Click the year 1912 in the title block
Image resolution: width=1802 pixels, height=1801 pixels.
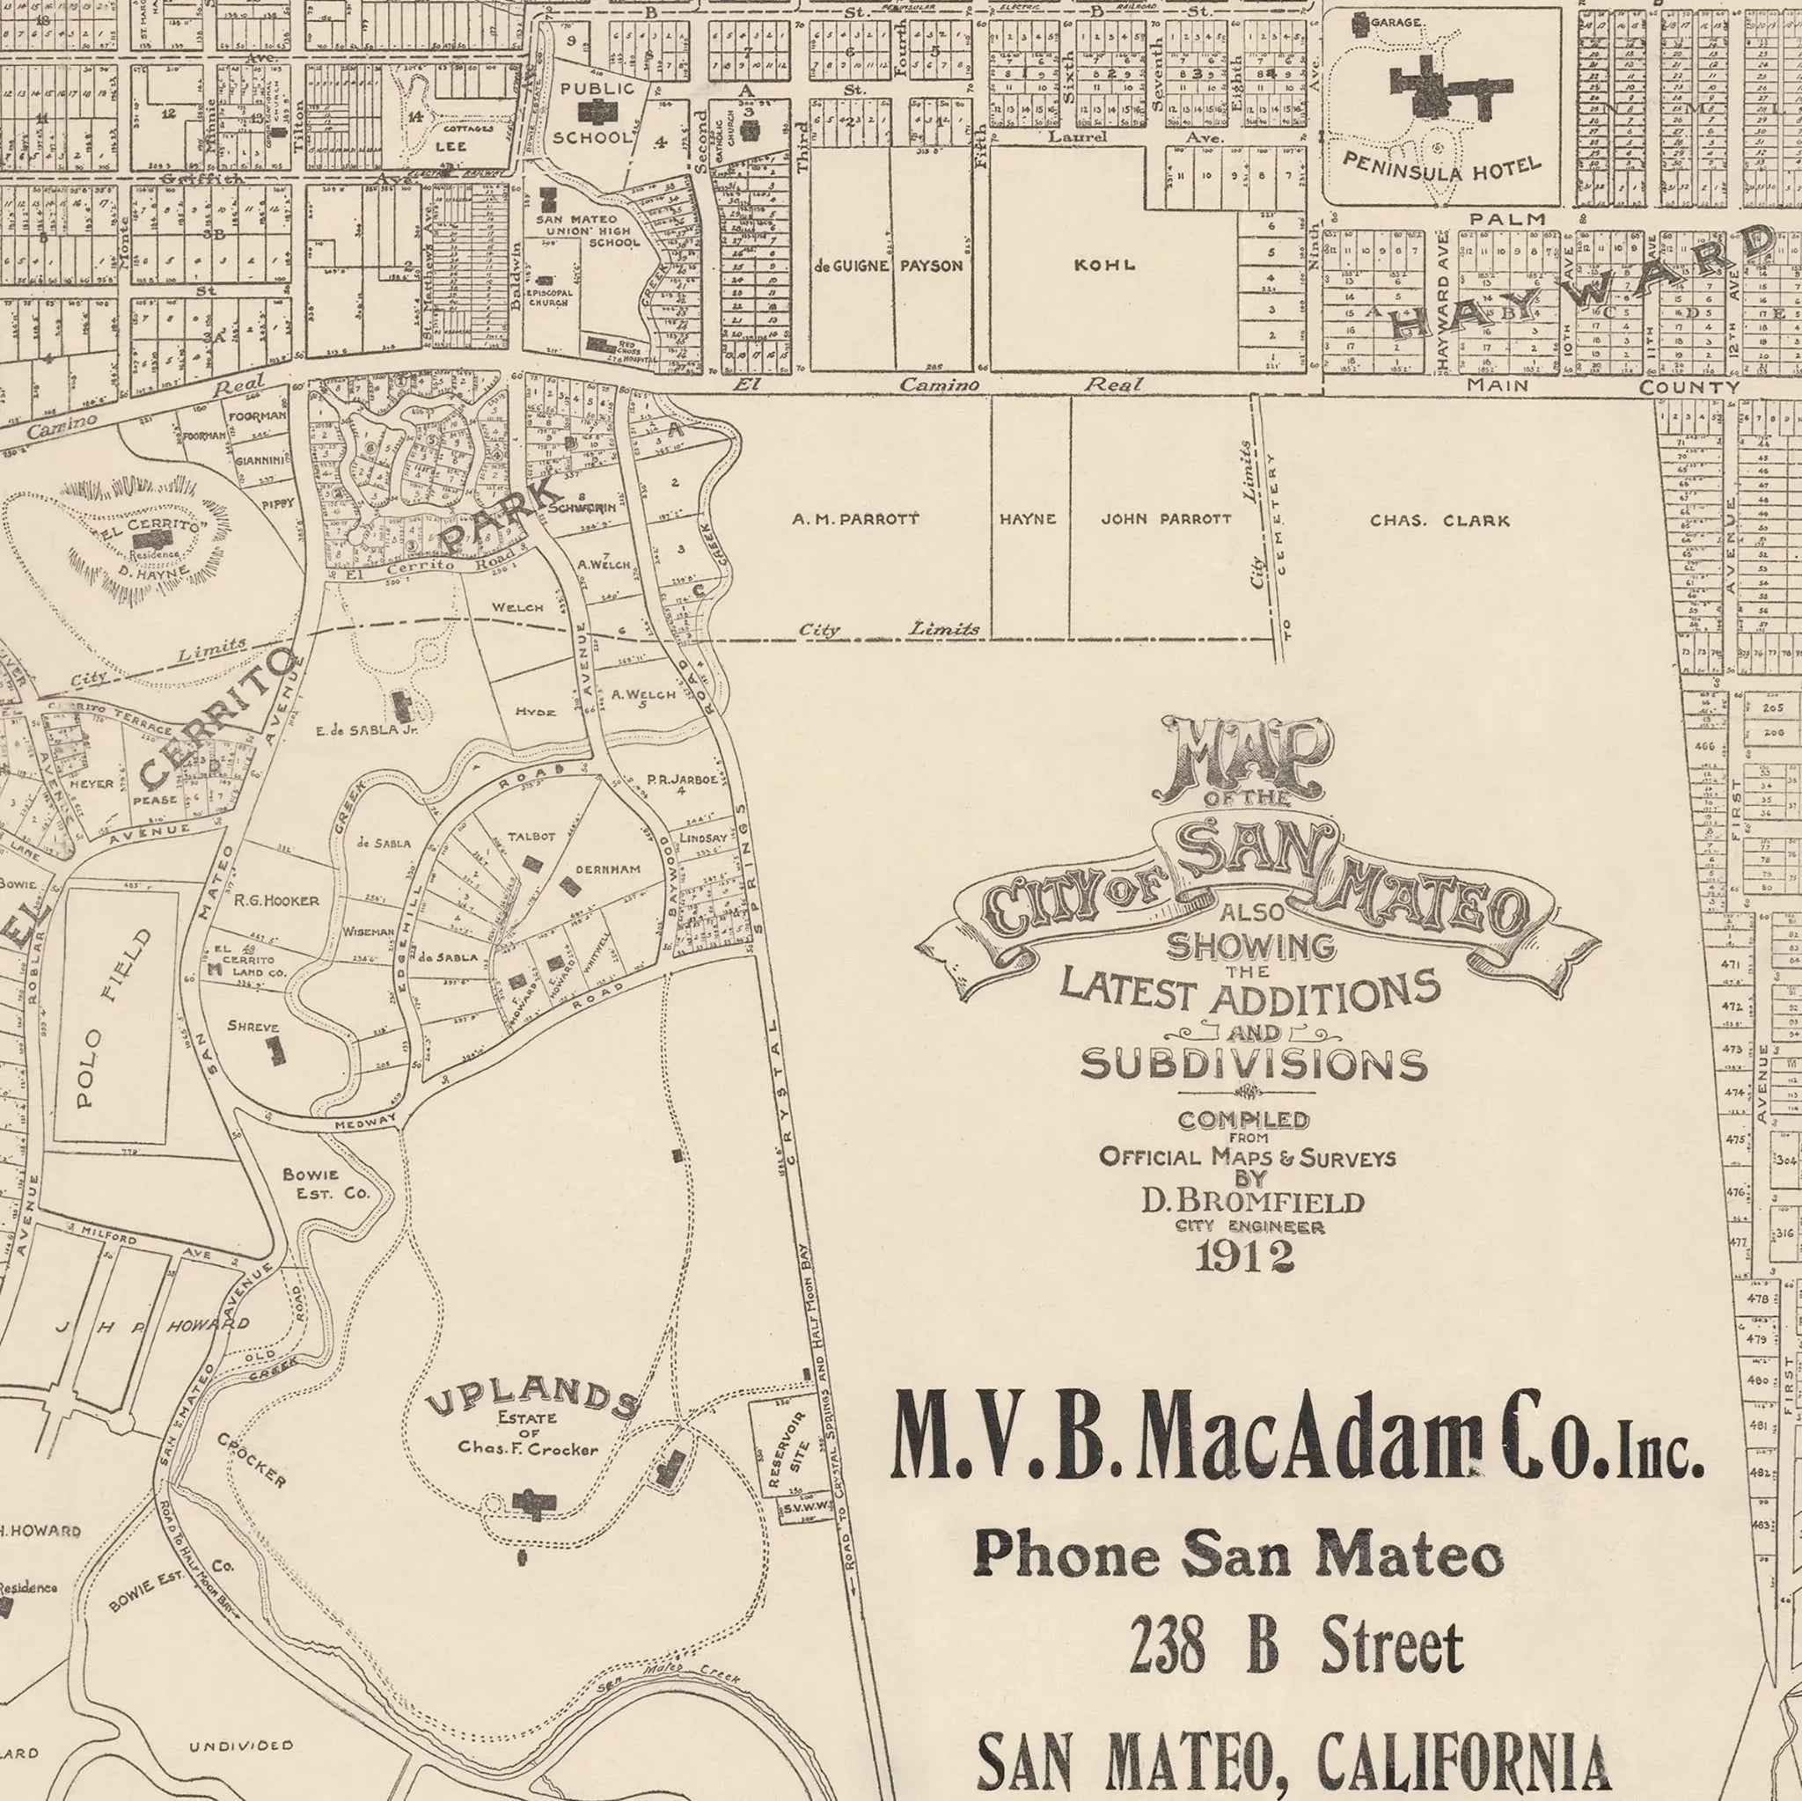1244,1256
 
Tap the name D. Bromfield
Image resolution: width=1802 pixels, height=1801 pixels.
1253,1202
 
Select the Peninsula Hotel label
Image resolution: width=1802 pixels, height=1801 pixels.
1441,168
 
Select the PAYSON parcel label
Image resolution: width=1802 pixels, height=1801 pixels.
930,266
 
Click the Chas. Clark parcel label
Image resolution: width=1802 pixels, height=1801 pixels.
1439,521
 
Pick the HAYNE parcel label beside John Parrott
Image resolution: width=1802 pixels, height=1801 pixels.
1028,519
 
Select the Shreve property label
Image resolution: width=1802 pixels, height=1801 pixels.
253,1026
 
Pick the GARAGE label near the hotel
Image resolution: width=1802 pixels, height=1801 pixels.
1396,20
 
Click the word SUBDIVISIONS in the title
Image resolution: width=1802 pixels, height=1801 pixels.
1253,1065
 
